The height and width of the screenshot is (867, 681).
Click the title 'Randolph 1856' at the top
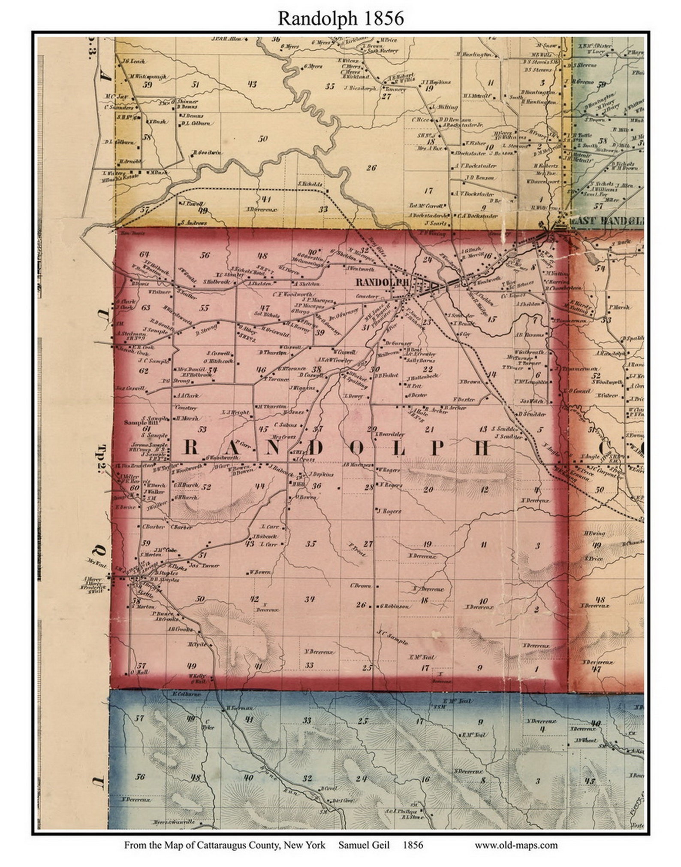340,18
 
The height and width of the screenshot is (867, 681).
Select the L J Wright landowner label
235,412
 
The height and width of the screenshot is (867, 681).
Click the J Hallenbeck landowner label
422,378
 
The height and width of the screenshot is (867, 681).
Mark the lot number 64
144,254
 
